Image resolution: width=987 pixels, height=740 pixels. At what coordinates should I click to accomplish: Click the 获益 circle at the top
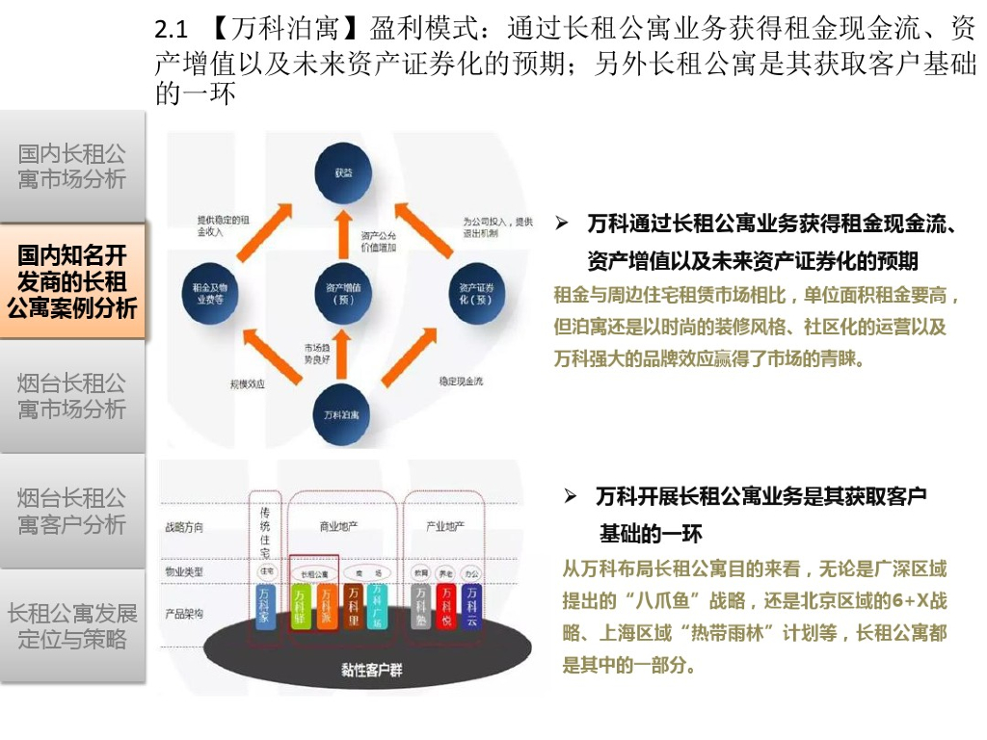344,175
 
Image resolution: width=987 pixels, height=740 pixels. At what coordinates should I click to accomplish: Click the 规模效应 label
248,383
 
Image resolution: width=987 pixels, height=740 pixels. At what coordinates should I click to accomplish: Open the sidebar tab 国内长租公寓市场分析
72,167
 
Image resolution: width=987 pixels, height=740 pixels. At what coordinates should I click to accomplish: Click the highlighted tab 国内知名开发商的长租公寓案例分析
72,281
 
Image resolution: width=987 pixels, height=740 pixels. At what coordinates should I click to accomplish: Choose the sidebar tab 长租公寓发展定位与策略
72,625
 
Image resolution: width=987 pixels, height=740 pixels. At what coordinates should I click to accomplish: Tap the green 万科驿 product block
300,606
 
